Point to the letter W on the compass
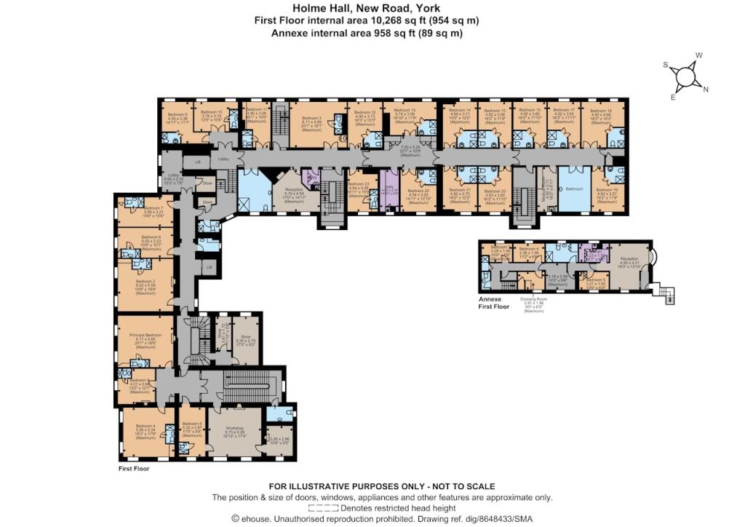coord(699,55)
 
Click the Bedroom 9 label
coord(178,114)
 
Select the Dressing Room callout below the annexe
coord(536,298)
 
